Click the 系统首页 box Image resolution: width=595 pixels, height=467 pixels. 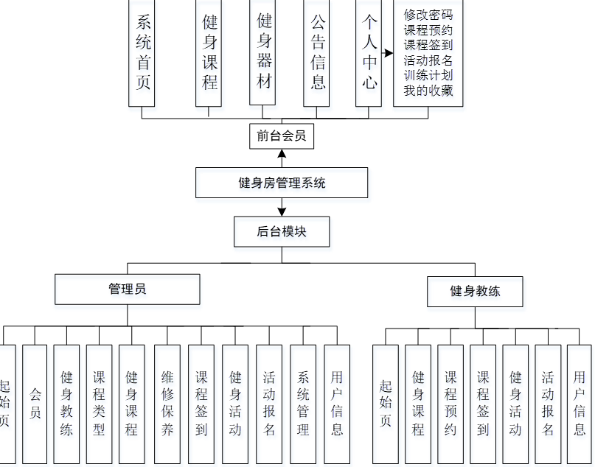[143, 52]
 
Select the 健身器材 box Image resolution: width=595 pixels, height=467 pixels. [264, 52]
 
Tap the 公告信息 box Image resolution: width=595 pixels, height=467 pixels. [318, 52]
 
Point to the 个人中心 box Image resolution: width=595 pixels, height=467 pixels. [369, 52]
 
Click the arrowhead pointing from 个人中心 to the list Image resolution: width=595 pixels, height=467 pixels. [389, 53]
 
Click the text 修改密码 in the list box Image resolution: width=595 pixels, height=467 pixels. [428, 14]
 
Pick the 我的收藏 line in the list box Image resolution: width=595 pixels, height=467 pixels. [428, 91]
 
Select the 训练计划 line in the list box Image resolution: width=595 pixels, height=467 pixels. [428, 76]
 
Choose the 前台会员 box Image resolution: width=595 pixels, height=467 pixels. [281, 136]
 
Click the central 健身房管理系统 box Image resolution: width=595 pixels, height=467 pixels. [281, 183]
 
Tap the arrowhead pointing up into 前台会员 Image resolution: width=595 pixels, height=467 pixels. [281, 155]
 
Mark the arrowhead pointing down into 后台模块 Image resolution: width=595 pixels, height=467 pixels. [281, 211]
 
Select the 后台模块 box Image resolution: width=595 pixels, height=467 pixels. [281, 231]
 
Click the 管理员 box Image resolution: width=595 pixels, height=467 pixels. [127, 289]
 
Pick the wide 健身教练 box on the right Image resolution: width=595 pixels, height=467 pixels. [475, 291]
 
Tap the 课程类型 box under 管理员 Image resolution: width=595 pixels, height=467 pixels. [99, 403]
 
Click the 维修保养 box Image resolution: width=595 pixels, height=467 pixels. [167, 403]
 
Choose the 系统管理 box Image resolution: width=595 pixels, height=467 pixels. [303, 403]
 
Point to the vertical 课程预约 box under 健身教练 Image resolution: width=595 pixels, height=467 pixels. [450, 403]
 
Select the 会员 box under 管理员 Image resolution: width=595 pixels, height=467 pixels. [35, 403]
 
